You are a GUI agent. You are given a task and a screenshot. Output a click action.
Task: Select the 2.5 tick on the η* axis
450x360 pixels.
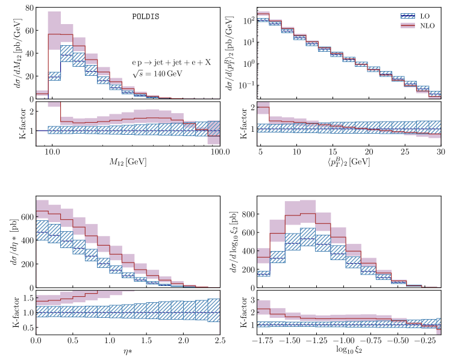coord(220,341)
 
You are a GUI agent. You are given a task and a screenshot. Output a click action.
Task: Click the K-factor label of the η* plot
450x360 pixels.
coord(11,313)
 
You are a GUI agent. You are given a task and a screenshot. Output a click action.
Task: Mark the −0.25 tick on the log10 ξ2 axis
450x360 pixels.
coord(426,341)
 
